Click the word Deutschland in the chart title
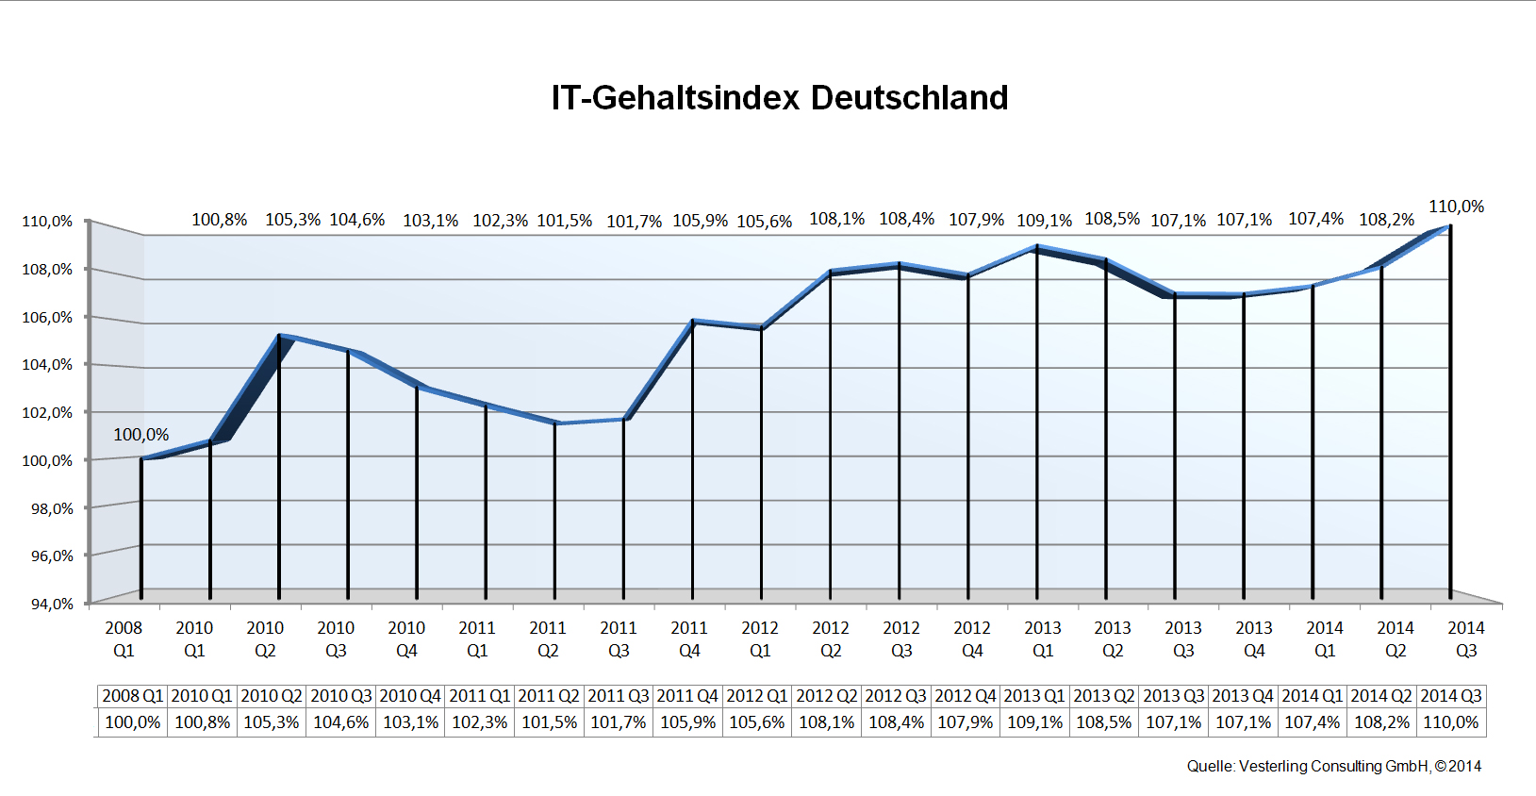point(909,98)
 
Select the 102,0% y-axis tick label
point(47,412)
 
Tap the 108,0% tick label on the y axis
point(47,269)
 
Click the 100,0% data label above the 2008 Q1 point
point(141,435)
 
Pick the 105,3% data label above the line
point(292,220)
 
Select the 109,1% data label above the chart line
point(1044,221)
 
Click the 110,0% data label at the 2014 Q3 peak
point(1456,207)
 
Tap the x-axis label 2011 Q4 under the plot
point(689,638)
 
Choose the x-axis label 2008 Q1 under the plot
point(124,638)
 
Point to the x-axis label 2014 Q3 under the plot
point(1466,638)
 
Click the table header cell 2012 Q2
point(827,696)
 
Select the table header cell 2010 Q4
point(410,696)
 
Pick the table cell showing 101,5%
point(549,722)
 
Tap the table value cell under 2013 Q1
point(1034,722)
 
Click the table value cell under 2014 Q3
point(1451,722)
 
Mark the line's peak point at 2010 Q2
point(280,336)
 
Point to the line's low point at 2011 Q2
point(555,423)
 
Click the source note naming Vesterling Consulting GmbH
point(1333,766)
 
